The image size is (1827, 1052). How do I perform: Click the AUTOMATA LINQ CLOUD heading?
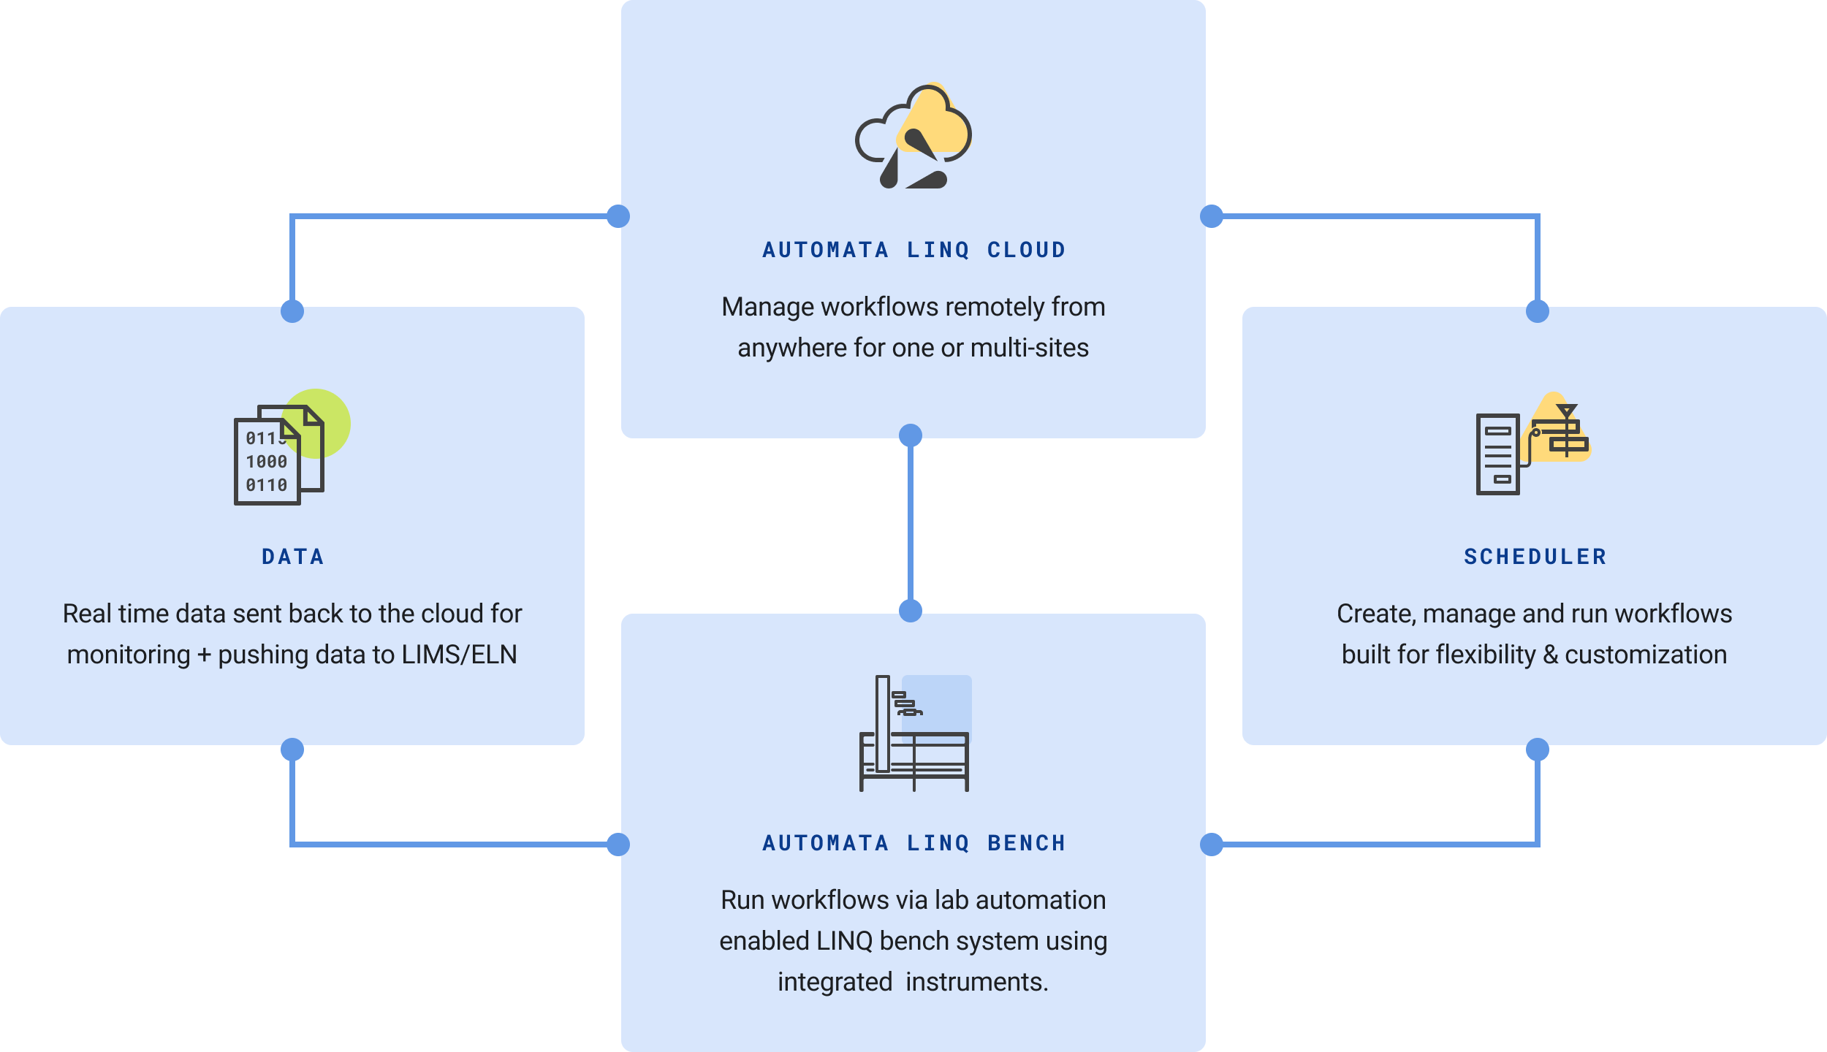(x=913, y=250)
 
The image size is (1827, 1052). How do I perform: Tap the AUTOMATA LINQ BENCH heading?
(x=913, y=843)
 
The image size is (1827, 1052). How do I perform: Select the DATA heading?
(x=292, y=557)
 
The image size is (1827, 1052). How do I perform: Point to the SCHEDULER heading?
(x=1535, y=557)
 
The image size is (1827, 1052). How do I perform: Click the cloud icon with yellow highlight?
(x=913, y=137)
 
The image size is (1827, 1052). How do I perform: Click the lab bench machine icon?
(x=913, y=733)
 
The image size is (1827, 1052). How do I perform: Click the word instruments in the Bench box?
(x=976, y=982)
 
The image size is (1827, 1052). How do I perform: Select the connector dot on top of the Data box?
(x=292, y=311)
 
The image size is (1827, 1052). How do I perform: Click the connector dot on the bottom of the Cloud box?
(x=911, y=435)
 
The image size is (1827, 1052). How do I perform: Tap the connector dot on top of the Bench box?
(x=911, y=610)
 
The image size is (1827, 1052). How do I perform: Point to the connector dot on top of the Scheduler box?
(x=1538, y=311)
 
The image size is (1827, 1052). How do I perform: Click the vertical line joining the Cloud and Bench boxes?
(x=911, y=523)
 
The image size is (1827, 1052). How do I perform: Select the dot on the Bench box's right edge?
(x=1212, y=845)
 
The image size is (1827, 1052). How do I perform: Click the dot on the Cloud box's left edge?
(x=618, y=216)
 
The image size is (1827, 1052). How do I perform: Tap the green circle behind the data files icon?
(x=333, y=409)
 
